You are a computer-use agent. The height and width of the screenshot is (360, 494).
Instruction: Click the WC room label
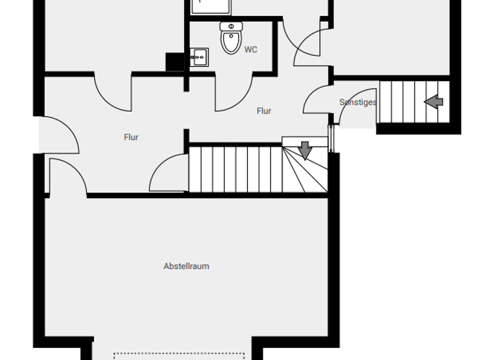point(251,50)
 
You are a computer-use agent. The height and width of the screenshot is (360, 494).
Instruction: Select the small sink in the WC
point(198,57)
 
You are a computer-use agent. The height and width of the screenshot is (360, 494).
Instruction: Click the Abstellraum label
point(187,266)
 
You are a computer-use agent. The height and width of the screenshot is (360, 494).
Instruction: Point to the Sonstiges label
point(358,102)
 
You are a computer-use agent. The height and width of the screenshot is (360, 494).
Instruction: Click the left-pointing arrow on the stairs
point(434,101)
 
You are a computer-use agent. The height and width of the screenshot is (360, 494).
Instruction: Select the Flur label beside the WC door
point(264,111)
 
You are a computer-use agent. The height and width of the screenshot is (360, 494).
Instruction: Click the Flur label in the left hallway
point(131,137)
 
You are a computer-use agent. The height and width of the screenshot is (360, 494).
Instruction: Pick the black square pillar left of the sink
point(175,62)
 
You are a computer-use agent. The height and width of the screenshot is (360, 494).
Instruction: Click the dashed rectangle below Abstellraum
point(179,355)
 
